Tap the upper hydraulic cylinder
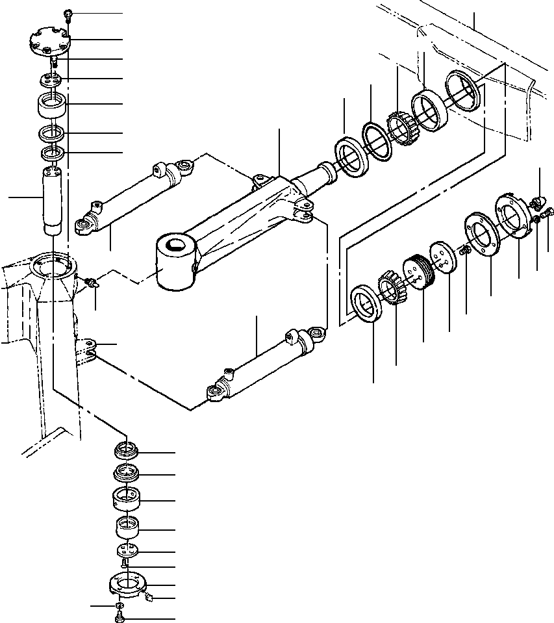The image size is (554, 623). pos(133,195)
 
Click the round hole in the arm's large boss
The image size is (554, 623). pos(175,246)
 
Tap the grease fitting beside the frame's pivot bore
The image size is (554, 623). pos(92,282)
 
